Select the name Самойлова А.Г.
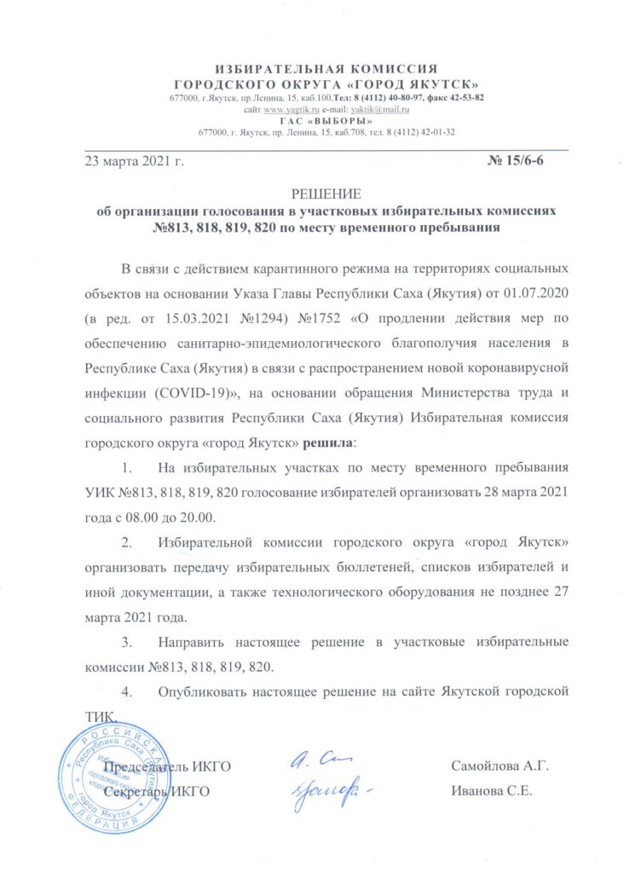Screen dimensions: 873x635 click(499, 766)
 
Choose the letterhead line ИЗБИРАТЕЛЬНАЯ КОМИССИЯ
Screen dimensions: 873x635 click(326, 69)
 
